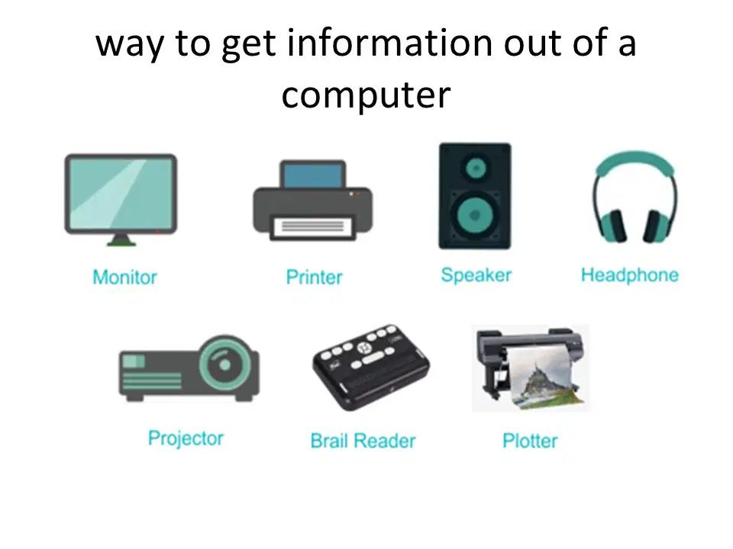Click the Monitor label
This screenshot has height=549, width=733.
coord(124,278)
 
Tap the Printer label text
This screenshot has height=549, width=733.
coord(314,278)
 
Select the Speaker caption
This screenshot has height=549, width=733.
coord(476,275)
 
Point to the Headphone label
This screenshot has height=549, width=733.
coord(630,275)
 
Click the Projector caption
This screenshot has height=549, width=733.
coord(186,439)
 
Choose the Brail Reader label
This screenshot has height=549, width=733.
coord(363,441)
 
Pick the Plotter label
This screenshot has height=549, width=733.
coord(530,441)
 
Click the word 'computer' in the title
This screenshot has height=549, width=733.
coord(366,95)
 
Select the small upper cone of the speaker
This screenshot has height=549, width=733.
coord(476,168)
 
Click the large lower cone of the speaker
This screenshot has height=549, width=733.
coord(474,215)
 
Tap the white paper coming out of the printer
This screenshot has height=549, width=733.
coord(312,227)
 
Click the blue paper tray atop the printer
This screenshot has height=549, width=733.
coord(313,175)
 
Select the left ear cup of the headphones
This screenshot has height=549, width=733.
coord(613,226)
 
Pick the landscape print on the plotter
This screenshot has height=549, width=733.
coord(544,374)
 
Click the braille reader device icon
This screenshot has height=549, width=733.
coord(371,367)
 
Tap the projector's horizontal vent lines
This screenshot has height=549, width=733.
coord(151,381)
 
